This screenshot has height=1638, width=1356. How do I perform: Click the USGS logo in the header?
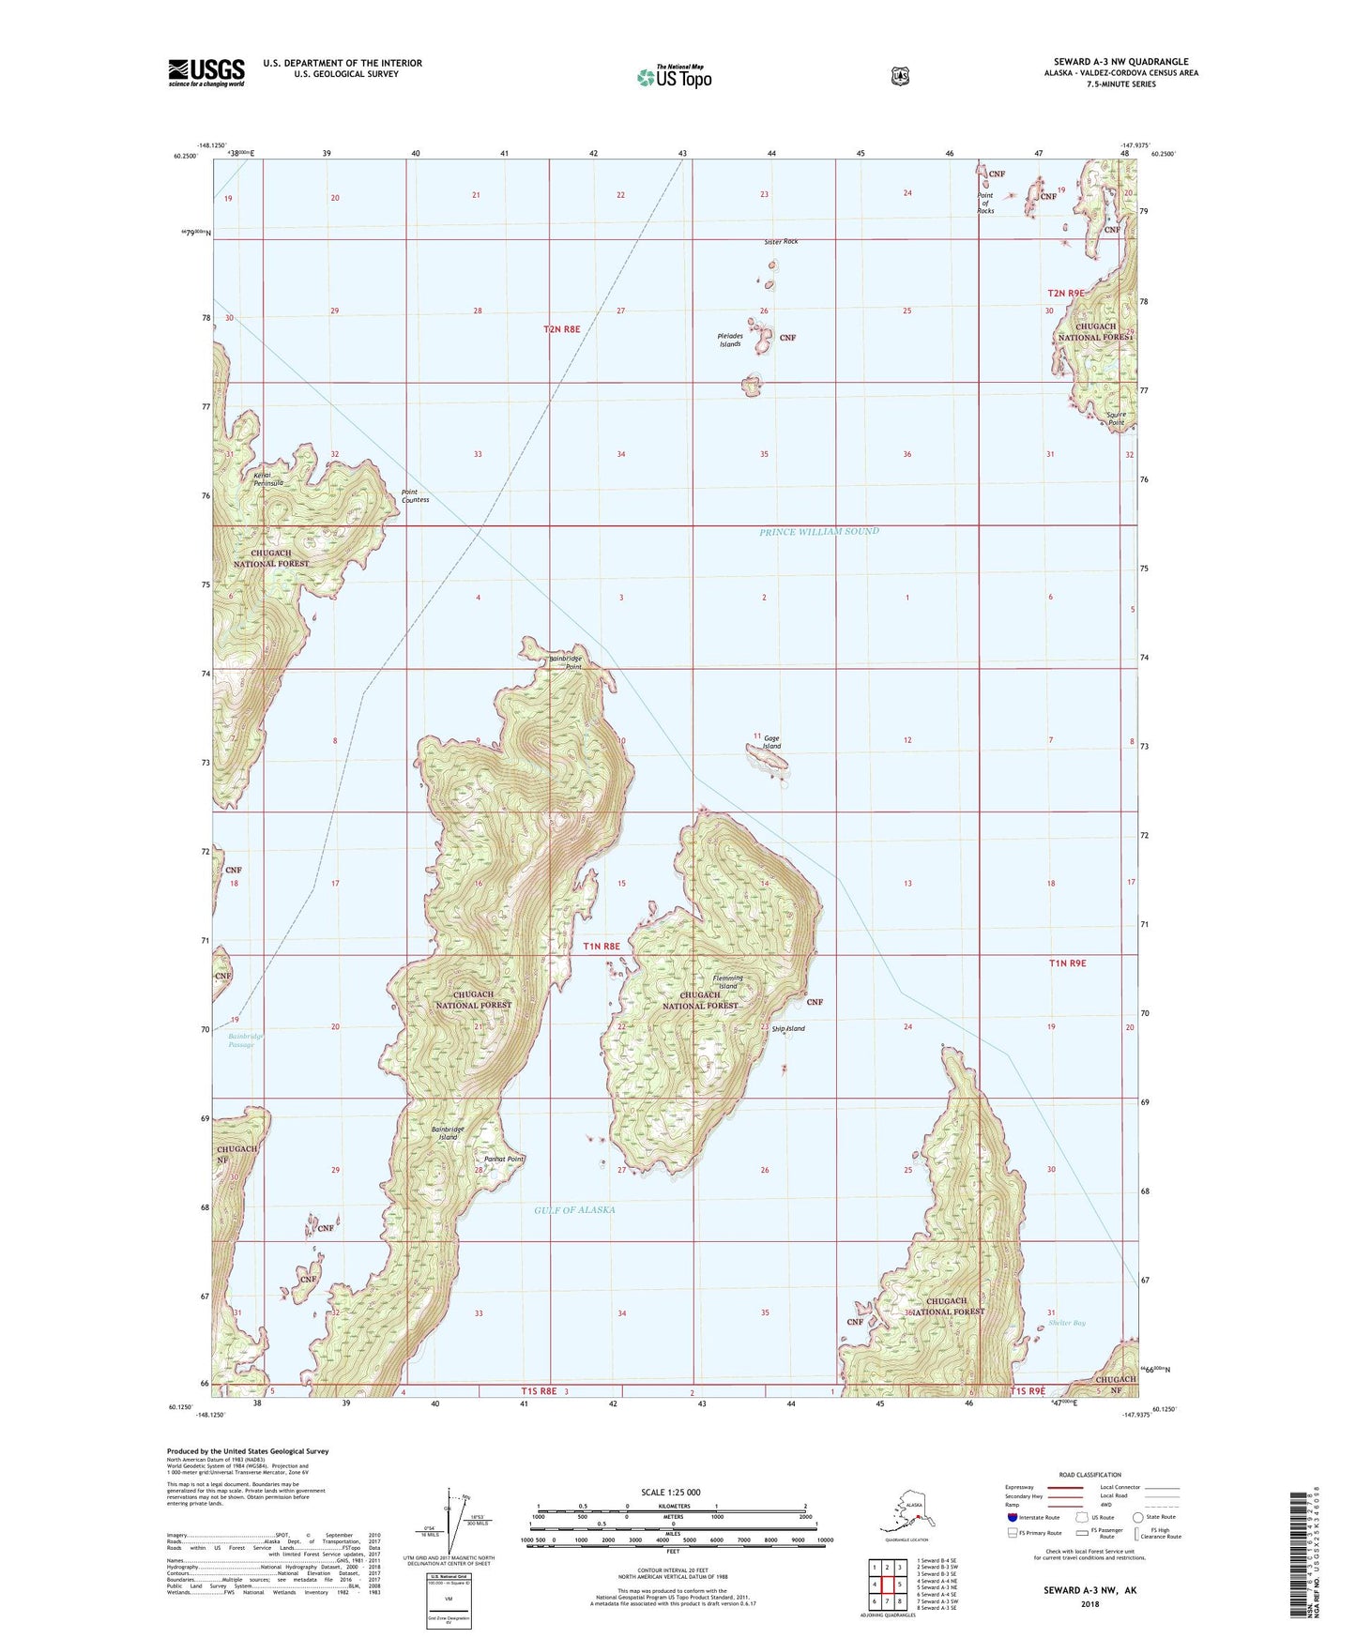coord(206,72)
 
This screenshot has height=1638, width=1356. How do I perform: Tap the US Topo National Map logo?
coord(673,76)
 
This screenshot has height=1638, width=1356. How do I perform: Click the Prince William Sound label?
coord(819,532)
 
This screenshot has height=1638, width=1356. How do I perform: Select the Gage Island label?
coord(772,742)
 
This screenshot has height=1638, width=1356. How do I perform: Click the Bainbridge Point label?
coord(565,662)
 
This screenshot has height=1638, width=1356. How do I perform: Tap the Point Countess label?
coord(415,495)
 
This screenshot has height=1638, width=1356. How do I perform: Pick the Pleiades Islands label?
coord(730,340)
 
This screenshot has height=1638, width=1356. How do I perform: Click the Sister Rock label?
coord(781,242)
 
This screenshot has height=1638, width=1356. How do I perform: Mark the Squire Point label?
coord(1116,418)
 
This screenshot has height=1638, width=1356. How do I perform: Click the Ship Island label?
coord(788,1028)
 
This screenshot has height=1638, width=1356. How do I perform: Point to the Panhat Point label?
coord(504,1160)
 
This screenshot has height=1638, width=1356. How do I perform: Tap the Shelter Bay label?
coord(1067,1323)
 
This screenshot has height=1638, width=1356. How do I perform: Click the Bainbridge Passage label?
coord(246,1040)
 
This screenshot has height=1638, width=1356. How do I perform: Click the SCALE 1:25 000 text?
coord(670,1493)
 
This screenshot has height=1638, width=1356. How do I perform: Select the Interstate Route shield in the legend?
coord(1012,1517)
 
